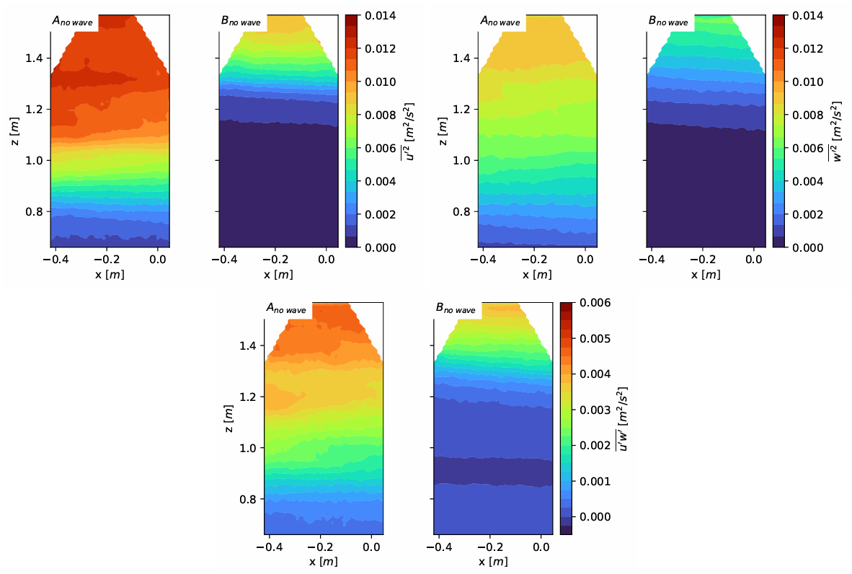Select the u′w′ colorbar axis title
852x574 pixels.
coord(623,418)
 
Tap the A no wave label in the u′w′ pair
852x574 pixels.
coord(286,309)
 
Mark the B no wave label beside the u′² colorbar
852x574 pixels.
coord(241,21)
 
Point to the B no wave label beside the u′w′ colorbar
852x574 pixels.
coord(456,309)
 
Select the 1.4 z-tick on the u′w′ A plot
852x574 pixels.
coord(247,346)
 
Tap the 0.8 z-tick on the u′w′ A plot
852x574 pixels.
coord(247,499)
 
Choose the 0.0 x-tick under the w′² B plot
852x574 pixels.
coord(754,260)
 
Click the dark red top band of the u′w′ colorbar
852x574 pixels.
coord(566,306)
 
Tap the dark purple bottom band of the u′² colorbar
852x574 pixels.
coord(352,242)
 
